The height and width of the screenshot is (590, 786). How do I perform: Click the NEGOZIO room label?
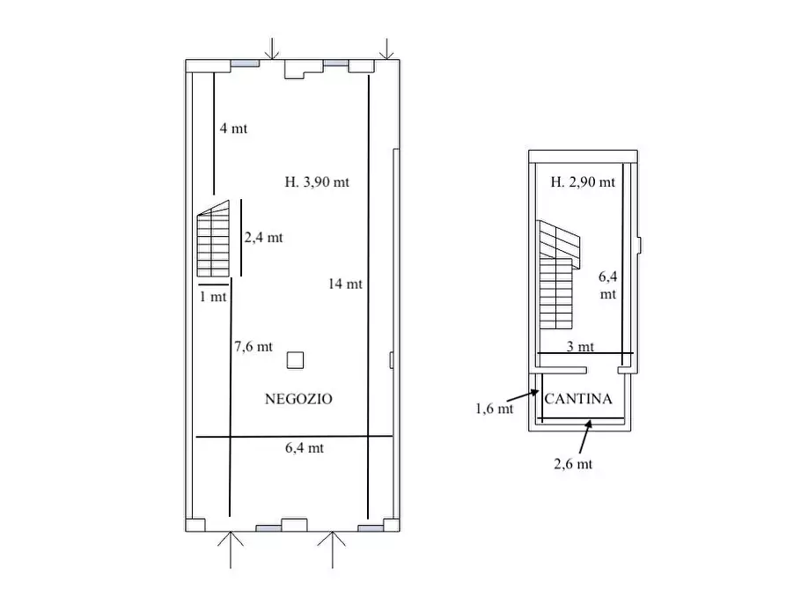(x=298, y=399)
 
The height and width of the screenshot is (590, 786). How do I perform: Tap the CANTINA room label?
(x=578, y=399)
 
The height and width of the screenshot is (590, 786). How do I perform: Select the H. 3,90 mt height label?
(x=317, y=181)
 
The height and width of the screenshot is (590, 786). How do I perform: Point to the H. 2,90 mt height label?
(x=583, y=181)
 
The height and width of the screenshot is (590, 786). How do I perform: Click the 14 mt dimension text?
(x=345, y=284)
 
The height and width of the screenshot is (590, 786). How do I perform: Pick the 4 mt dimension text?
(x=233, y=129)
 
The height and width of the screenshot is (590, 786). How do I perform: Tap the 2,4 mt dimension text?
(x=264, y=237)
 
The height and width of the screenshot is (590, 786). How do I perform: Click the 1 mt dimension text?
(x=213, y=297)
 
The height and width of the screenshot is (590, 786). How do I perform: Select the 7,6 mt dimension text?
(x=253, y=346)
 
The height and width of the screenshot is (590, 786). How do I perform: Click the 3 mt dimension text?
(x=580, y=346)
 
